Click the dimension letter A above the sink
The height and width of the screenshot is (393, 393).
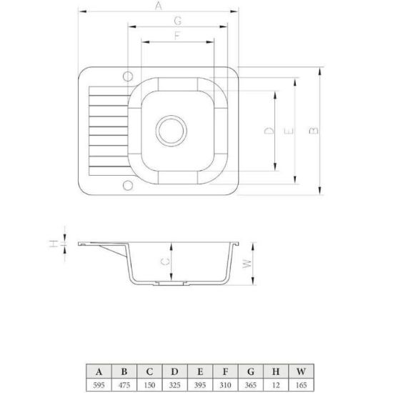[x=158, y=6]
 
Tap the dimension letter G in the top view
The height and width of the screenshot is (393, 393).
[x=177, y=21]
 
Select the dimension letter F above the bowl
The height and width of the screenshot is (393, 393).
[x=177, y=36]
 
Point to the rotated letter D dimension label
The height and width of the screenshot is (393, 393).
[x=269, y=130]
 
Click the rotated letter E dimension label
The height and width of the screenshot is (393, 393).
[x=289, y=131]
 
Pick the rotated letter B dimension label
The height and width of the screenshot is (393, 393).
[x=314, y=131]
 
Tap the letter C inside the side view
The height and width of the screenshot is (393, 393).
[x=165, y=262]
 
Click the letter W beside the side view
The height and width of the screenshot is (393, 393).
[x=247, y=264]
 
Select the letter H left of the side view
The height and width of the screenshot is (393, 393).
[x=54, y=244]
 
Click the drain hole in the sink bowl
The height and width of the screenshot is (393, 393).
[x=171, y=131]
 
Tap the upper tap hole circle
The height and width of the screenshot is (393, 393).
[x=128, y=76]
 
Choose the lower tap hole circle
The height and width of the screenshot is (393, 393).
[x=128, y=185]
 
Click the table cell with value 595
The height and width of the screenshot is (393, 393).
[x=99, y=384]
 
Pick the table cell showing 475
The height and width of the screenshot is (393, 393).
[x=124, y=384]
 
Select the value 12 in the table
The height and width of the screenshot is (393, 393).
[x=276, y=384]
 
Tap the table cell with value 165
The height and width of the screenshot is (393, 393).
[x=302, y=384]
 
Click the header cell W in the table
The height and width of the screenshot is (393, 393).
[x=302, y=371]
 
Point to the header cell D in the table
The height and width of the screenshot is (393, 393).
[x=175, y=371]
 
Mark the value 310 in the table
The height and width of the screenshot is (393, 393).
[x=225, y=384]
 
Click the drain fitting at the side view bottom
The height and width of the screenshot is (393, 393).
[x=171, y=283]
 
